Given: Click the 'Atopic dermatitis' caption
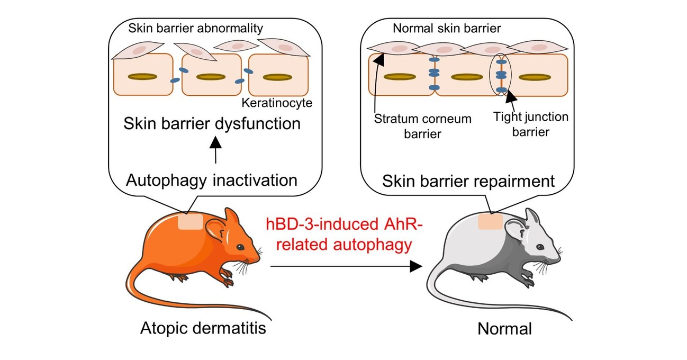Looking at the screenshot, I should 203,329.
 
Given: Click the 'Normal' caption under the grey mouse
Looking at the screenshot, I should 504,329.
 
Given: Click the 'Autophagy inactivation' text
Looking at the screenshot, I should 212,180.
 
